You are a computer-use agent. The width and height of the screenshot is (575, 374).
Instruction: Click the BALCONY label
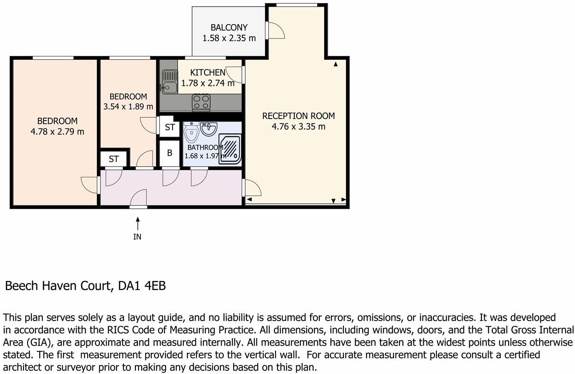229,28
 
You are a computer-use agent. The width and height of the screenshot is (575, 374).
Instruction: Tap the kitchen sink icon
170,82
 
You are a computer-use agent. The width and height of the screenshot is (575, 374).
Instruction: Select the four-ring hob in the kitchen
201,103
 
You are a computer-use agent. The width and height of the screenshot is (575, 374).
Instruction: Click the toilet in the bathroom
191,132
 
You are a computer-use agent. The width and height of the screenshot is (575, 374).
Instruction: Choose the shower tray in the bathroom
230,149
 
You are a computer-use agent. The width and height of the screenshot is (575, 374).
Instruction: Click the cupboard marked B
169,153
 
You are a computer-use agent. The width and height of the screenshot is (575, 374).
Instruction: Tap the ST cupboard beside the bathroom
170,127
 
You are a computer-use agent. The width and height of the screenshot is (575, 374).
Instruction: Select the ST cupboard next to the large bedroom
114,159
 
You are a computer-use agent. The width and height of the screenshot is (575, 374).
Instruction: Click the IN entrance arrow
138,224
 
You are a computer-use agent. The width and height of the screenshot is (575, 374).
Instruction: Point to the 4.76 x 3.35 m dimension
298,126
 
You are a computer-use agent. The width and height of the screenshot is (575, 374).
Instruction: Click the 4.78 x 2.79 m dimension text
57,132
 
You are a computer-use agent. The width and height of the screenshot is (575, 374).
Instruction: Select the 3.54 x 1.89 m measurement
128,106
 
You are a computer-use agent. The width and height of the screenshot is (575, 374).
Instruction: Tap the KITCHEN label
208,73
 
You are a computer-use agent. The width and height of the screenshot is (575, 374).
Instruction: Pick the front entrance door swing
139,197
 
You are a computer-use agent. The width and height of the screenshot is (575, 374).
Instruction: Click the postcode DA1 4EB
142,286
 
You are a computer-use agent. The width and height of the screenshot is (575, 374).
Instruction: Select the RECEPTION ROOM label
298,116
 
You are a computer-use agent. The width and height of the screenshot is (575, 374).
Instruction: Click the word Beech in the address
22,286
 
